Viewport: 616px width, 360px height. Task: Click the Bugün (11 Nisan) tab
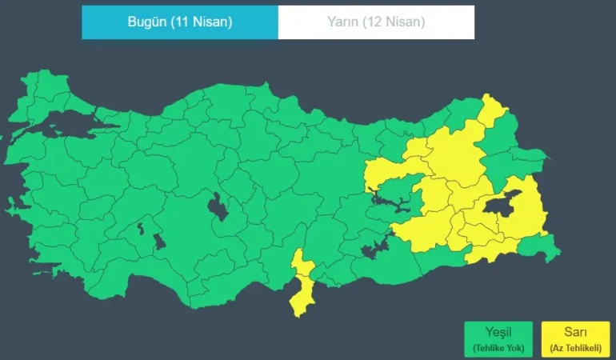(x=180, y=22)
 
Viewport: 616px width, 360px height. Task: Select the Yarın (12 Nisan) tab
(x=376, y=22)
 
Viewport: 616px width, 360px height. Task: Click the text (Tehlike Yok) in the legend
(x=498, y=349)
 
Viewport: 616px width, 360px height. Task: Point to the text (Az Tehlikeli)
(x=575, y=349)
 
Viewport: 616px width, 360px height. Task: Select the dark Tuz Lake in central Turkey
(x=217, y=207)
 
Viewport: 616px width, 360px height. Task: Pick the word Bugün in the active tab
(x=146, y=22)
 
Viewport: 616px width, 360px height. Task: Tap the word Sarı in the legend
(x=575, y=332)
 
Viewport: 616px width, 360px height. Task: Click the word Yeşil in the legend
(x=498, y=332)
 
